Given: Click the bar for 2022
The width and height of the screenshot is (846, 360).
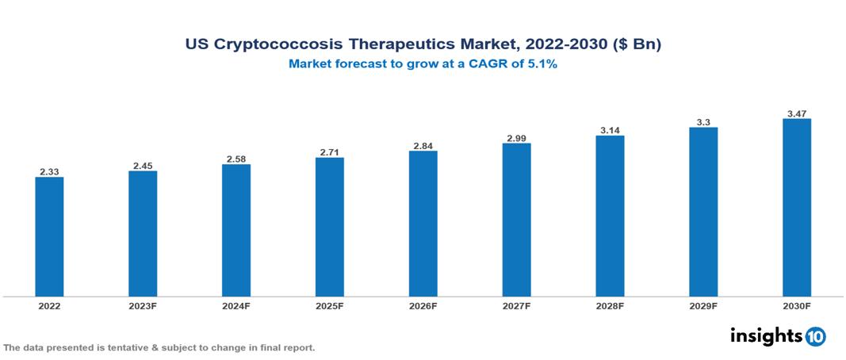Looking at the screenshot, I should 49,236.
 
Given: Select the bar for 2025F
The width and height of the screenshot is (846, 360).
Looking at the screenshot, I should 329,227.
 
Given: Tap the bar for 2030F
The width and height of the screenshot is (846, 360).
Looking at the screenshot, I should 796,208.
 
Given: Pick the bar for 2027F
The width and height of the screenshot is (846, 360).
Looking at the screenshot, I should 516,220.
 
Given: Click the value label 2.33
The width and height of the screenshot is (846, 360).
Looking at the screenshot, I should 49,171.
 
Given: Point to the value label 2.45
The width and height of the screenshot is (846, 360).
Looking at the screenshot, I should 143,166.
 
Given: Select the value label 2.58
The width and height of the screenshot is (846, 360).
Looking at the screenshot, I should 236,159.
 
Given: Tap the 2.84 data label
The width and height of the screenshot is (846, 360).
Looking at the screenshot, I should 423,146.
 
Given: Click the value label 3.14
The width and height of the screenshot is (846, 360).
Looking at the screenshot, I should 610,130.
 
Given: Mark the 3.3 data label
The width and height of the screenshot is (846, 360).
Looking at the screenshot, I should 703,122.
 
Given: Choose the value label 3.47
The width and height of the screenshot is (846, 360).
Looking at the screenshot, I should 796,113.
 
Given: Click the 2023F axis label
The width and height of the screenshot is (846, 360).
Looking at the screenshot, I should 143,305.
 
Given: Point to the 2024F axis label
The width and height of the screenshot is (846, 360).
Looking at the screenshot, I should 236,305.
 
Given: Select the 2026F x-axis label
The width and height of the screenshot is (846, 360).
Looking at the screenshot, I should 423,305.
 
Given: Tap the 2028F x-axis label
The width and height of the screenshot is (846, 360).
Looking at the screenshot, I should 610,305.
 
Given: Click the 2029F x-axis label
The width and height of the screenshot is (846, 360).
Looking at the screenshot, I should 703,305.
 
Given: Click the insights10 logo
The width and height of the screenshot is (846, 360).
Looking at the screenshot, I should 777,336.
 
